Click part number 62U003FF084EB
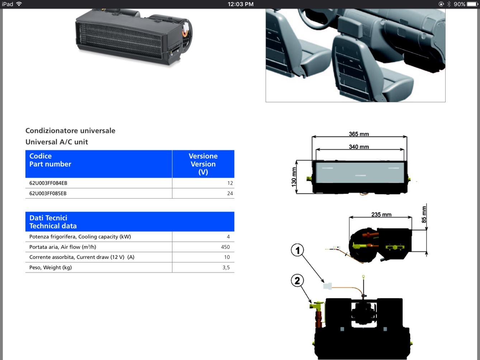(48, 183)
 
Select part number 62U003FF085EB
(48, 193)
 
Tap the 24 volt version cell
(230, 193)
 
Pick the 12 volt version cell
(230, 183)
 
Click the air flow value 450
(225, 247)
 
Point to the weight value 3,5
(226, 267)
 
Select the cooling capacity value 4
(228, 237)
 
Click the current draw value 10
(227, 257)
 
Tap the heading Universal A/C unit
(57, 142)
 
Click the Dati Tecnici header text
(48, 218)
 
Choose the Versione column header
(203, 156)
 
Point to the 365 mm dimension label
(359, 134)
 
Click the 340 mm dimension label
(359, 147)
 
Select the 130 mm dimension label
(294, 177)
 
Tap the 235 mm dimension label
(381, 214)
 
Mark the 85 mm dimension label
(424, 214)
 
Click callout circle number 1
(297, 250)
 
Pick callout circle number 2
(297, 280)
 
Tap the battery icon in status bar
(472, 4)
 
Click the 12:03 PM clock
(240, 4)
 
